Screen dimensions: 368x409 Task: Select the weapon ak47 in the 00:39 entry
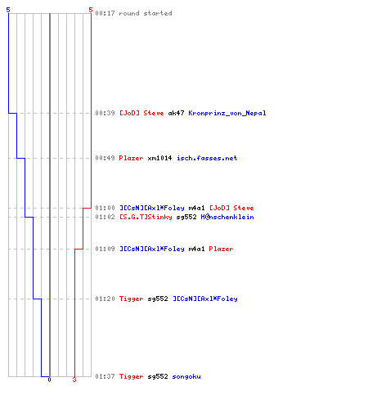click(176, 113)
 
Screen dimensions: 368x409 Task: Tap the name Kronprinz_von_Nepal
click(227, 113)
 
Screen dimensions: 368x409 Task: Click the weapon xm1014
click(159, 158)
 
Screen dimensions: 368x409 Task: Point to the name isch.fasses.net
click(207, 158)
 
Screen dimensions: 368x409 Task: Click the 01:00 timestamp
click(105, 208)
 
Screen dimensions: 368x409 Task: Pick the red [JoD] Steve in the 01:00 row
click(231, 208)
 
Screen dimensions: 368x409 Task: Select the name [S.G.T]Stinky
click(146, 217)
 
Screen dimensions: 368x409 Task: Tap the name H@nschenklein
click(227, 217)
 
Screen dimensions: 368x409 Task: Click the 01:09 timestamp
click(105, 249)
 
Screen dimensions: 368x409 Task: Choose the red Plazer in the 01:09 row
click(221, 249)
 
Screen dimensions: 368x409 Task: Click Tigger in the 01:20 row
click(131, 299)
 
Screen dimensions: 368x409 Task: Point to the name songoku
click(186, 376)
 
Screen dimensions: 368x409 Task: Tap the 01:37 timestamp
click(105, 376)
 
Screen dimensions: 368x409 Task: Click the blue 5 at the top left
click(8, 10)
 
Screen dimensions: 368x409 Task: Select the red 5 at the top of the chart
click(91, 10)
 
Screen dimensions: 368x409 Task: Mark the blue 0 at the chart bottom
click(49, 380)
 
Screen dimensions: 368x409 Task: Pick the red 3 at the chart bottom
click(74, 380)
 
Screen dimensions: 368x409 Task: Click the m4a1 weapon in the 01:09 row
click(196, 249)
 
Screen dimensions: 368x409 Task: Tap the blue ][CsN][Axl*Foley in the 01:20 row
click(205, 299)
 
